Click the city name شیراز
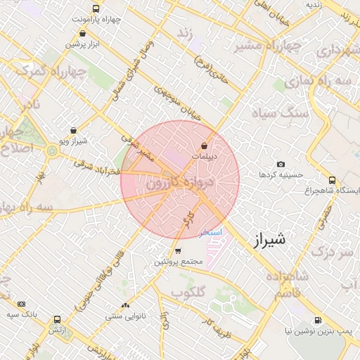tap(268, 239)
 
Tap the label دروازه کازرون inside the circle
tap(179, 183)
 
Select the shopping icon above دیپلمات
tap(204, 146)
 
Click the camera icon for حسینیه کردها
tap(281, 164)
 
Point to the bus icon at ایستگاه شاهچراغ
tap(332, 180)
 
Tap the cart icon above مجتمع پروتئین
tap(178, 251)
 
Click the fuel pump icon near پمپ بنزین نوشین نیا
tap(319, 320)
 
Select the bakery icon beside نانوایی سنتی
tap(125, 306)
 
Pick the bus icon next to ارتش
tap(57, 319)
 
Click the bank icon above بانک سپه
tap(21, 304)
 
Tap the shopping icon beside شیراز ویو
tap(74, 130)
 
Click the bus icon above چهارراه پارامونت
tap(96, 9)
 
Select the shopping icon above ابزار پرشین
tap(84, 33)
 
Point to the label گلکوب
tap(188, 290)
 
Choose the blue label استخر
tap(211, 231)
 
